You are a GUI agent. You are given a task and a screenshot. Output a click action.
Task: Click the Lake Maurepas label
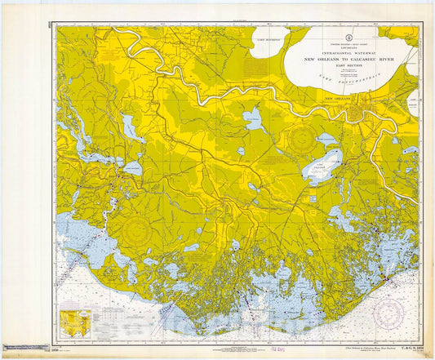266,39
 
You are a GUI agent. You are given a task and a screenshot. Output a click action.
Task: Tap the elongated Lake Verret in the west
128,127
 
